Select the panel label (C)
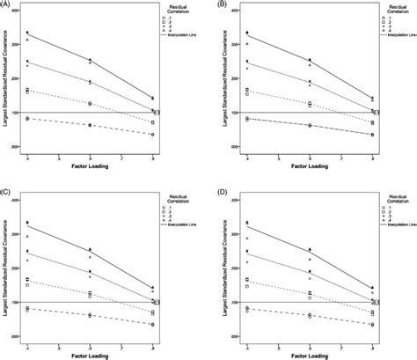5,190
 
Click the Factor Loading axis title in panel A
91,164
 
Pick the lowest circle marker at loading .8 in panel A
152,135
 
